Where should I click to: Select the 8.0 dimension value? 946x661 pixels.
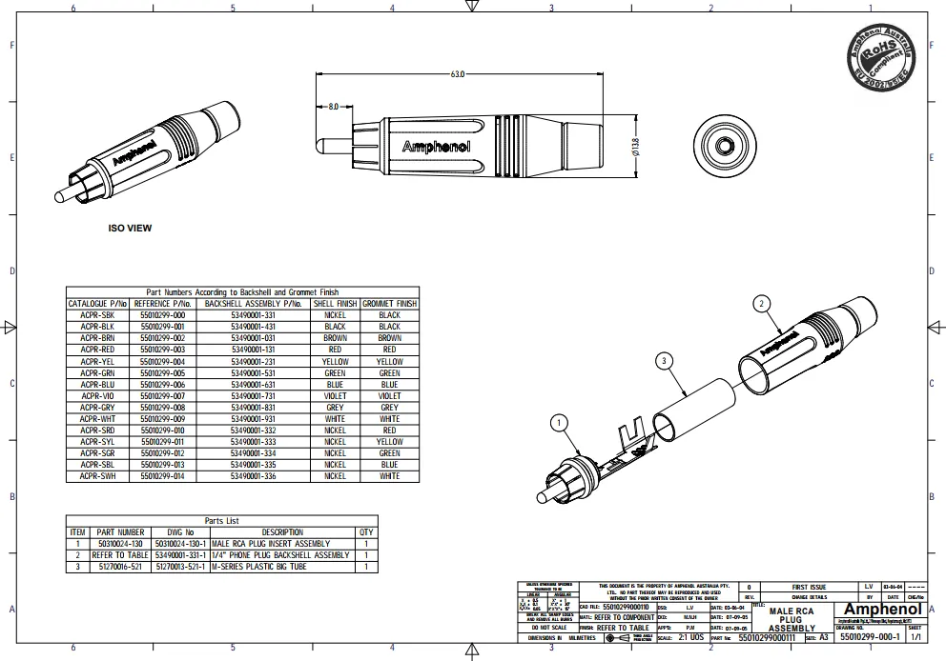pyautogui.click(x=333, y=108)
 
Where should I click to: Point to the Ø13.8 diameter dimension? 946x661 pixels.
pyautogui.click(x=634, y=147)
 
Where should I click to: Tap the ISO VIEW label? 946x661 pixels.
pyautogui.click(x=130, y=229)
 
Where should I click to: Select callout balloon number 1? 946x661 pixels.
pyautogui.click(x=560, y=423)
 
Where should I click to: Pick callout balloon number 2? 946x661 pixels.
pyautogui.click(x=760, y=304)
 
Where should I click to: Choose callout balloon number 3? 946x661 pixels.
pyautogui.click(x=667, y=360)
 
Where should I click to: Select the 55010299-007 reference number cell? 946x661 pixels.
pyautogui.click(x=163, y=395)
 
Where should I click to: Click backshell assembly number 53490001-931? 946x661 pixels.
pyautogui.click(x=253, y=418)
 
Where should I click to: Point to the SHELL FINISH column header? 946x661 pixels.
pyautogui.click(x=335, y=304)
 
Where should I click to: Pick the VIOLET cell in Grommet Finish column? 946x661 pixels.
pyautogui.click(x=389, y=395)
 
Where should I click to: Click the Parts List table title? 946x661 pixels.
pyautogui.click(x=222, y=521)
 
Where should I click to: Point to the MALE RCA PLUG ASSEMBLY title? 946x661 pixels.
pyautogui.click(x=792, y=619)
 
